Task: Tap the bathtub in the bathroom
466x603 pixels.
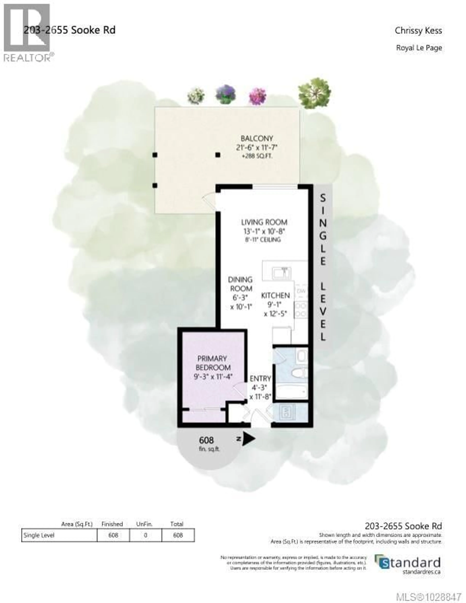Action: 291,391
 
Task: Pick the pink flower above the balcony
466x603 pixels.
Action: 258,96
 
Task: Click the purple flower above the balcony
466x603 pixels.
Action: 226,94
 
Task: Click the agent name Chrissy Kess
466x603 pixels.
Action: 418,31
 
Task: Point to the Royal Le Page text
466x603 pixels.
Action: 419,48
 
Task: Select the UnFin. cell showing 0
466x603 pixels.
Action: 146,535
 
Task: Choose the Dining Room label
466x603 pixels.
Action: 240,284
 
